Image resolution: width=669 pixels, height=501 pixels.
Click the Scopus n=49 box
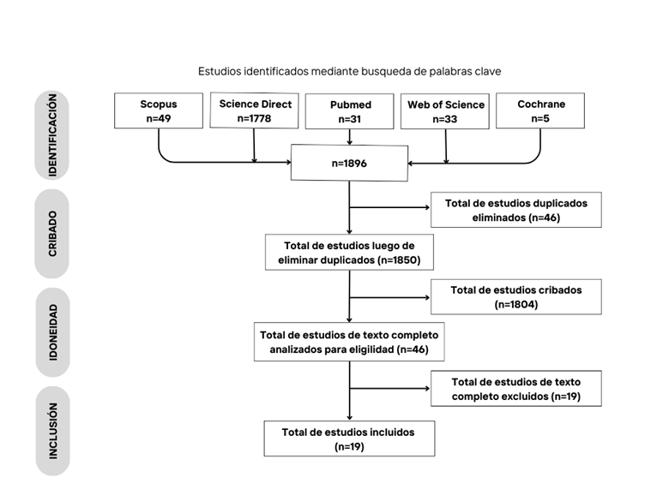(x=159, y=110)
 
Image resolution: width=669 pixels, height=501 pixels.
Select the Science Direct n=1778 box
(x=254, y=110)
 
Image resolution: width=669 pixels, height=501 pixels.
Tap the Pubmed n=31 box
(x=349, y=111)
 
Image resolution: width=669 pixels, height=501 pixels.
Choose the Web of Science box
(x=445, y=111)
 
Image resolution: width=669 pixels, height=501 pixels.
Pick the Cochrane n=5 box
(x=540, y=110)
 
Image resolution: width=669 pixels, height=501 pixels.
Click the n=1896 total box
(x=349, y=164)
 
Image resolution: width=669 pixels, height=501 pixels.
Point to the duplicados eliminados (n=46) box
(x=516, y=210)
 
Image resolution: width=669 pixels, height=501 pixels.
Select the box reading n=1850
(x=349, y=252)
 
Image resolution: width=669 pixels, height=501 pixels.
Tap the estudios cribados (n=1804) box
(x=516, y=297)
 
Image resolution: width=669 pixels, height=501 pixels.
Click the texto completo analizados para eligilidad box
(x=349, y=342)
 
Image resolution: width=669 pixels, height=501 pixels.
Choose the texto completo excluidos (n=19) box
(x=516, y=389)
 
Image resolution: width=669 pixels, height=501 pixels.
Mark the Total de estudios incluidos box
(x=349, y=438)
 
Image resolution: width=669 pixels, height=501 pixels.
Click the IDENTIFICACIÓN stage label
(x=52, y=135)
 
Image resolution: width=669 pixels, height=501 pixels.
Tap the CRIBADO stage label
(x=52, y=234)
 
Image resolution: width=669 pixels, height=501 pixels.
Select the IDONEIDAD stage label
(x=52, y=332)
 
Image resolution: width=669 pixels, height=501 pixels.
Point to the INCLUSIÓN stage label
(x=52, y=431)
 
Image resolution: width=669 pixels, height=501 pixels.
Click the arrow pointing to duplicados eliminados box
(x=389, y=207)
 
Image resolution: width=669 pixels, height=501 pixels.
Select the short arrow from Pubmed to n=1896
(x=349, y=137)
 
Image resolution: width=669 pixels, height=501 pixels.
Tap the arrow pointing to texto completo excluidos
(x=389, y=389)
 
